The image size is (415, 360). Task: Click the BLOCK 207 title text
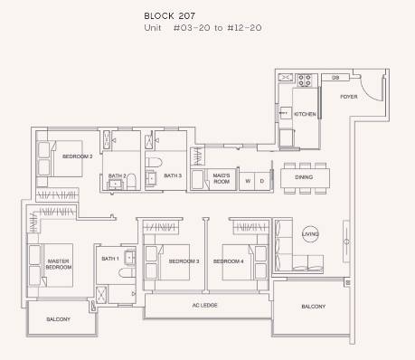pyautogui.click(x=169, y=15)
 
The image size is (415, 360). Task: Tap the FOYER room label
pyautogui.click(x=349, y=97)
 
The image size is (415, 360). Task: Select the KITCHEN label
pyautogui.click(x=305, y=114)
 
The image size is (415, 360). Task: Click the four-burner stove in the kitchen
pyautogui.click(x=304, y=81)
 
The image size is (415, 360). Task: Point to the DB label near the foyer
pyautogui.click(x=335, y=78)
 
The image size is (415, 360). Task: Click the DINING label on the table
pyautogui.click(x=304, y=177)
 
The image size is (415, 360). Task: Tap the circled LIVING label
pyautogui.click(x=310, y=234)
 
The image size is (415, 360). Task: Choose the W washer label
pyautogui.click(x=248, y=181)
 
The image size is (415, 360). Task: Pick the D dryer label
pyautogui.click(x=262, y=181)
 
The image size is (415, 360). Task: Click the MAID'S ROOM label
pyautogui.click(x=222, y=178)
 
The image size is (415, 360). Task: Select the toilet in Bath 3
pyautogui.click(x=154, y=162)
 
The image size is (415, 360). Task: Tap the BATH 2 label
pyautogui.click(x=117, y=175)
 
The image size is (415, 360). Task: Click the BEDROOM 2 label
pyautogui.click(x=78, y=156)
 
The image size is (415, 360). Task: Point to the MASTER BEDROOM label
pyautogui.click(x=59, y=264)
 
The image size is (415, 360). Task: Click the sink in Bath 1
pyautogui.click(x=130, y=257)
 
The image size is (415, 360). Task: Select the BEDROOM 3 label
pyautogui.click(x=184, y=261)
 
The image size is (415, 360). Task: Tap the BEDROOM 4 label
pyautogui.click(x=229, y=261)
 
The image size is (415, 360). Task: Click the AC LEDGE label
pyautogui.click(x=205, y=305)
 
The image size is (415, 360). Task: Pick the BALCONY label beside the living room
pyautogui.click(x=314, y=307)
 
